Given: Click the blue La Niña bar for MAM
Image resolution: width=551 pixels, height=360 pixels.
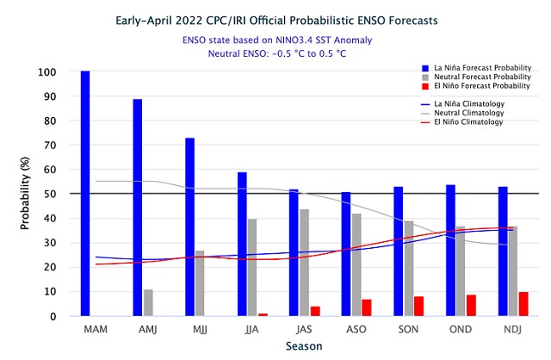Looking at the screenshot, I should click(x=85, y=194).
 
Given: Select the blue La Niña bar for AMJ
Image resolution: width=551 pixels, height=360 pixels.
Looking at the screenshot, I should click(x=138, y=208).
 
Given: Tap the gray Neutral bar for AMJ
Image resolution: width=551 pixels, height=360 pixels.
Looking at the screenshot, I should click(x=149, y=302).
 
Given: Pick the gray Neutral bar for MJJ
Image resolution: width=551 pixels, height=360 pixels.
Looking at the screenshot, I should click(x=201, y=283).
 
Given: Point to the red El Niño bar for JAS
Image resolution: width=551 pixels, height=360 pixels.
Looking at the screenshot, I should click(x=316, y=311).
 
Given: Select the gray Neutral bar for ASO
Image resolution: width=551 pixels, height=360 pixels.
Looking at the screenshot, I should click(x=356, y=264).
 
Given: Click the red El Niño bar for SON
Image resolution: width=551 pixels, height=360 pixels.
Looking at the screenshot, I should click(x=419, y=307).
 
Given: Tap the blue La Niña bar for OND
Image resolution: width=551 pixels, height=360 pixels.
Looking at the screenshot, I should click(x=450, y=251).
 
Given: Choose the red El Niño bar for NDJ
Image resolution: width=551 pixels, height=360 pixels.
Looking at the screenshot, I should click(x=524, y=304).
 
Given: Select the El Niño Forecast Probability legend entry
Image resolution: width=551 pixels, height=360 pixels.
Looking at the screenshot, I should click(x=479, y=86).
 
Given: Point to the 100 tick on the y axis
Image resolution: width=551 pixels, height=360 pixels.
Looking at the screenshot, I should click(x=46, y=71).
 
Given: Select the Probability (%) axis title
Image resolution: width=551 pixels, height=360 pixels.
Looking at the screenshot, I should click(x=27, y=194).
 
